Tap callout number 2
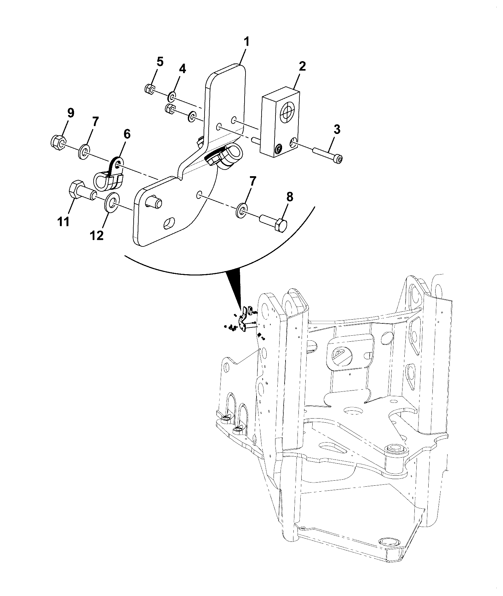coord(302,67)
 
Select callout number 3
coord(337,130)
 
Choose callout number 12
coord(97,235)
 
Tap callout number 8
coord(290,197)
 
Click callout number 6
coord(127,134)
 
